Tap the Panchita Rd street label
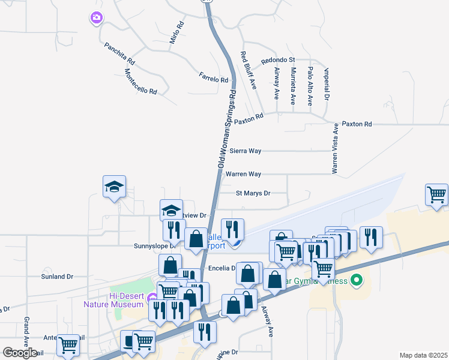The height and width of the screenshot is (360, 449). (119, 53)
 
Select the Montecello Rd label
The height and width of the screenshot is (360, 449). (140, 81)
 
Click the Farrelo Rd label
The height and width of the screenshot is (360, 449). (214, 79)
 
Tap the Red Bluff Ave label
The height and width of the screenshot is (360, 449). (249, 71)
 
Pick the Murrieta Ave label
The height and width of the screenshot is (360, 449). (293, 86)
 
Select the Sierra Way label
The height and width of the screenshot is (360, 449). (244, 151)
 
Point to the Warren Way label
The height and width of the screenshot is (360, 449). (243, 174)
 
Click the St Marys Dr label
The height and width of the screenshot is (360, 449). (253, 193)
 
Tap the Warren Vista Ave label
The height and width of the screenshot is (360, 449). (336, 147)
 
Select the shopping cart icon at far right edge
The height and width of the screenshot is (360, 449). (436, 194)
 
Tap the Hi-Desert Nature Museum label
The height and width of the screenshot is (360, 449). (124, 299)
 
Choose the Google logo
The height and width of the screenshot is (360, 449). (20, 353)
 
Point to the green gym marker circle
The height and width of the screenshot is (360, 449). (357, 280)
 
